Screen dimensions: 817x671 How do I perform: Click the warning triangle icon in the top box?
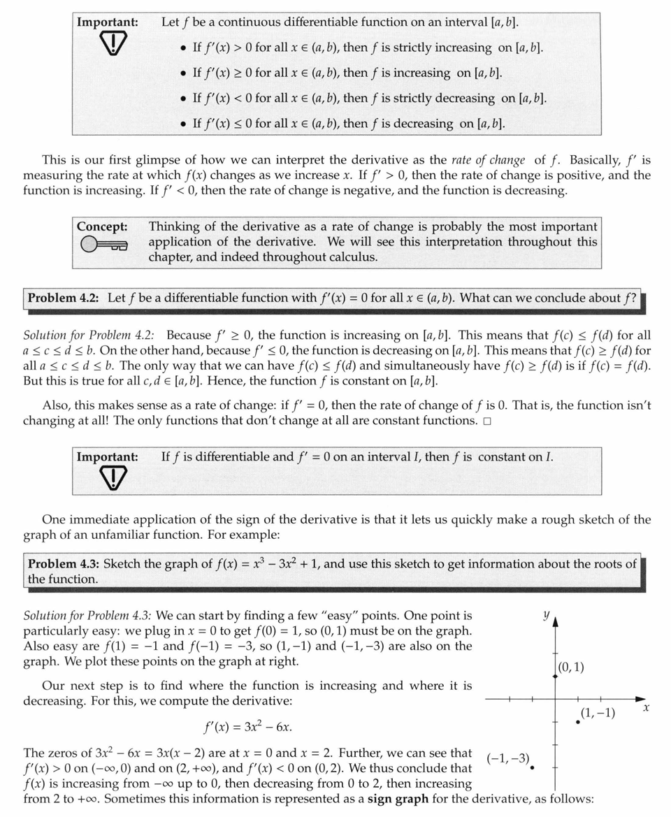point(108,44)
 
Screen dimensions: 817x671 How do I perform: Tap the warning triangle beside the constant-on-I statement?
point(108,477)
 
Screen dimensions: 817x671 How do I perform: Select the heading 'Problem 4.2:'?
point(65,298)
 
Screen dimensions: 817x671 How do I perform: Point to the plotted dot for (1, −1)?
point(578,722)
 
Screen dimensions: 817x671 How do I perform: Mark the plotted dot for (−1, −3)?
point(533,767)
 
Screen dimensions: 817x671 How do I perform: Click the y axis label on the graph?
point(545,614)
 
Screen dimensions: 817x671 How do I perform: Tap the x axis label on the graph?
point(646,708)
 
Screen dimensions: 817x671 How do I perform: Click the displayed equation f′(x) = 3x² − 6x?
point(247,727)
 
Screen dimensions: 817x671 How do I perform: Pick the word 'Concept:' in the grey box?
point(102,226)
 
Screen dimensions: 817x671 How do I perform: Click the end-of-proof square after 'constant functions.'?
point(486,421)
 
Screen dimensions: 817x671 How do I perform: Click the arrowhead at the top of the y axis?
point(555,622)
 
